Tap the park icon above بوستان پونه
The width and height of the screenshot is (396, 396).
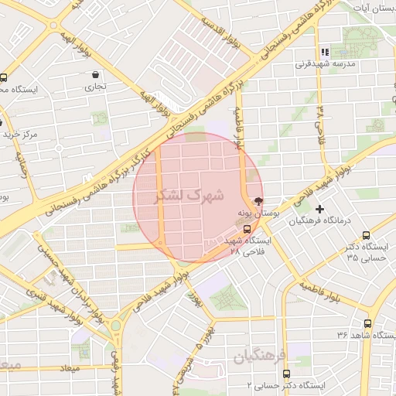pos(258,200)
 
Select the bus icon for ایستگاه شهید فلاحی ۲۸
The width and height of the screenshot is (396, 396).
pos(247,229)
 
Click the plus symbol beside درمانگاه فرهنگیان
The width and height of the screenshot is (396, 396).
pos(319,209)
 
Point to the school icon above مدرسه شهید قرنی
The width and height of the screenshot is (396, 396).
pos(325,52)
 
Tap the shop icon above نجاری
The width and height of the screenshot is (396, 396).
pos(95,75)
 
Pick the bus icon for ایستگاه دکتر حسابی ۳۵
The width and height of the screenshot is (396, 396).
pos(366,236)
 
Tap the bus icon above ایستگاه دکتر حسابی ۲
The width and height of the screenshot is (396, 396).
pos(291,371)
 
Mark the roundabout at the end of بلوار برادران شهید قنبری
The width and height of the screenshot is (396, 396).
pos(116,325)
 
